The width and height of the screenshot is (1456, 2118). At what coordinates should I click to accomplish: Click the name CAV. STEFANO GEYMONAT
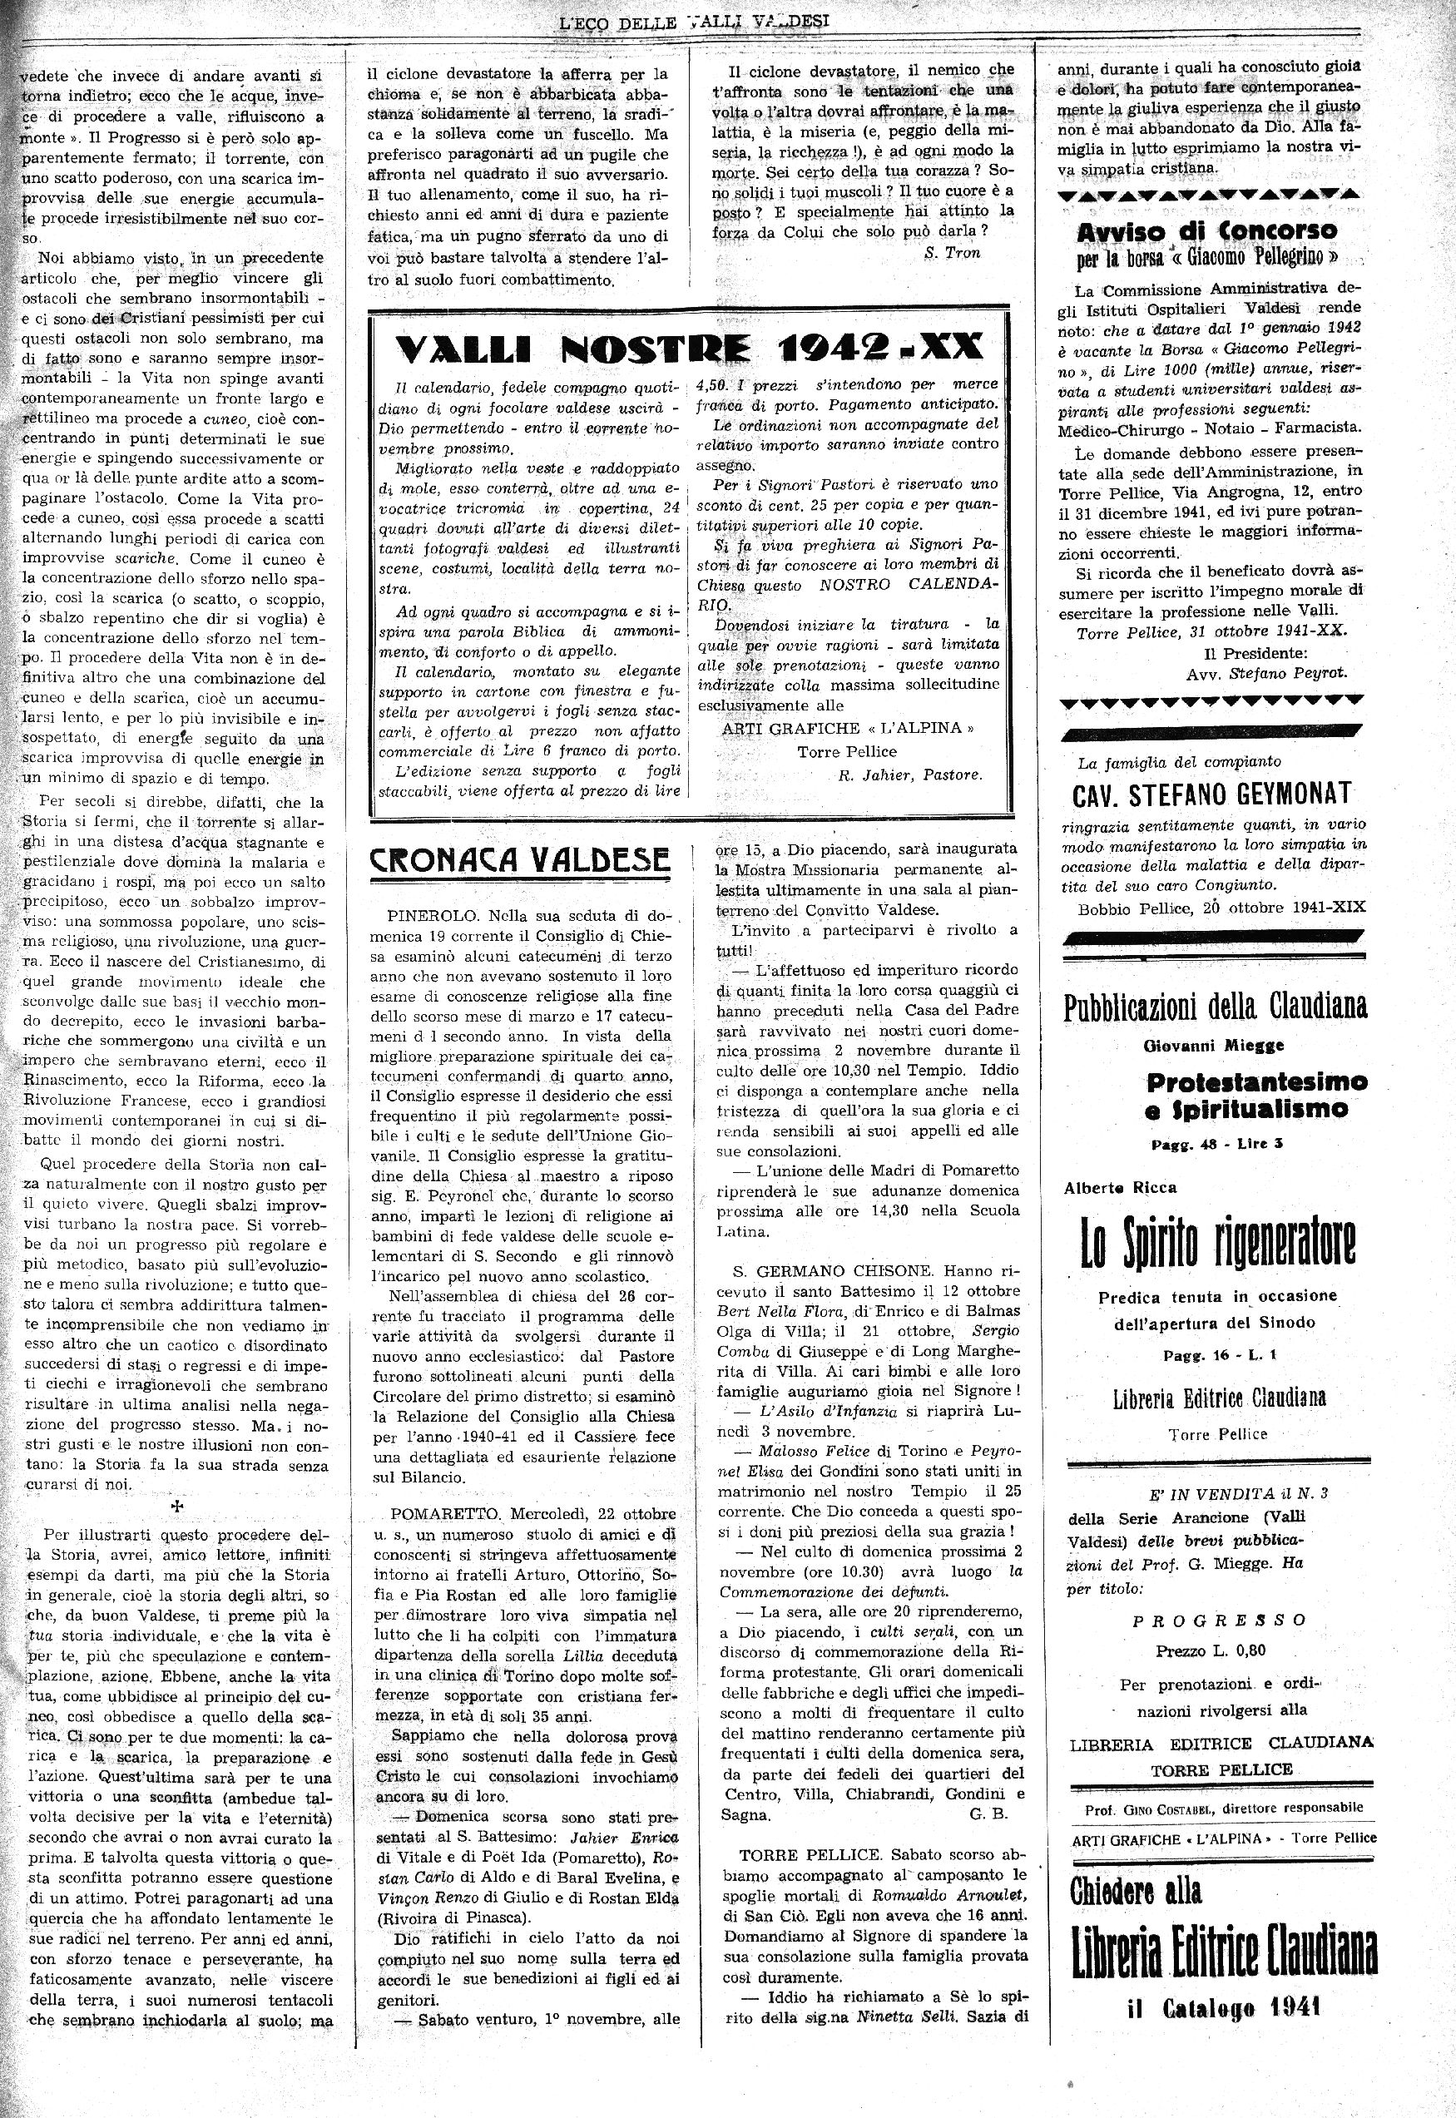point(1212,794)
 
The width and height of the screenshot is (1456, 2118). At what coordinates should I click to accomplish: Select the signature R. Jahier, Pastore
point(909,774)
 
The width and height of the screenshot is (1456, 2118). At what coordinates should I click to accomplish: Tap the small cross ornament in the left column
point(178,1506)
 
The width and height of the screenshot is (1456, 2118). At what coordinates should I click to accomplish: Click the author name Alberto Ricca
point(1119,1188)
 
